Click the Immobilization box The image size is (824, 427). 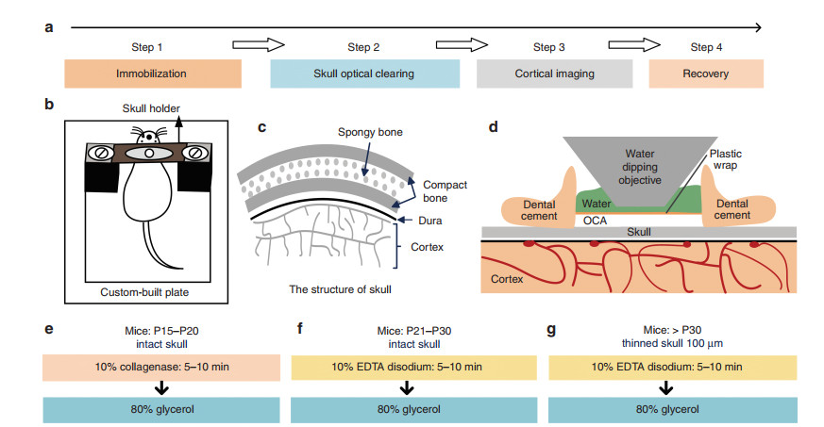pyautogui.click(x=153, y=74)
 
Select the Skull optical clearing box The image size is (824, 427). pyautogui.click(x=364, y=74)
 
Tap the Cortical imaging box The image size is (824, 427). pyautogui.click(x=554, y=74)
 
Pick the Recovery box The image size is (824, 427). pyautogui.click(x=706, y=74)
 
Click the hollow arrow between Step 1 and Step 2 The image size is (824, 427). pyautogui.click(x=259, y=45)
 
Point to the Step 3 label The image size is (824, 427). pyautogui.click(x=548, y=47)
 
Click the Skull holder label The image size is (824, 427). pyautogui.click(x=151, y=108)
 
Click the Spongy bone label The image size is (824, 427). pyautogui.click(x=370, y=132)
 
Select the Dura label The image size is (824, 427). pyautogui.click(x=429, y=221)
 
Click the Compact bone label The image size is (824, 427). pyautogui.click(x=445, y=191)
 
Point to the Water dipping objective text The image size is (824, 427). pyautogui.click(x=640, y=167)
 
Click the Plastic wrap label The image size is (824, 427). pyautogui.click(x=725, y=159)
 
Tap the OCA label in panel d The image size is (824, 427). pyautogui.click(x=595, y=221)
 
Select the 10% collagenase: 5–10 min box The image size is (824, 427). pyautogui.click(x=161, y=368)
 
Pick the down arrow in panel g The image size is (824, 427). pyautogui.click(x=666, y=388)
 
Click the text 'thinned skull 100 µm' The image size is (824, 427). pyautogui.click(x=672, y=344)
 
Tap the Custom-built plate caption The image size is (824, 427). pyautogui.click(x=144, y=292)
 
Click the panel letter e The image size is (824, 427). pyautogui.click(x=49, y=329)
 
